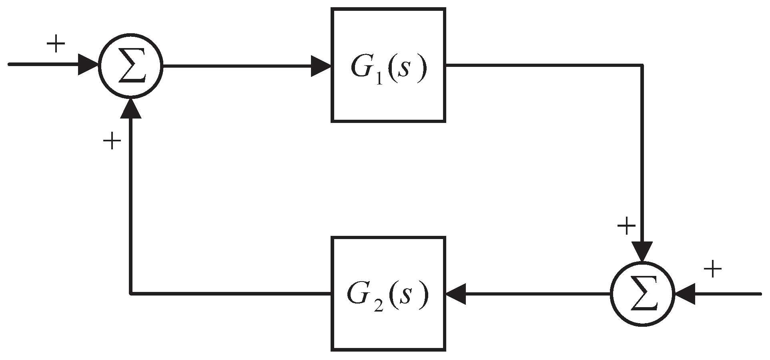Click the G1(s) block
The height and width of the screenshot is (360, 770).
[x=388, y=65]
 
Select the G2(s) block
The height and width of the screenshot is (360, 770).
[x=388, y=294]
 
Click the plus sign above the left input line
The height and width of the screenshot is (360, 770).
[x=56, y=44]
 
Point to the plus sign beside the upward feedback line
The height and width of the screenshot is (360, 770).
[x=112, y=142]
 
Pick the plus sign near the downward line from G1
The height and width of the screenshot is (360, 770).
[x=626, y=227]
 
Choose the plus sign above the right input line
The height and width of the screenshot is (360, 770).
[x=712, y=269]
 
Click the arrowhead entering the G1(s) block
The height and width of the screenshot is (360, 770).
[x=321, y=66]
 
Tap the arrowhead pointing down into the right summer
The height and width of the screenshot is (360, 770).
[x=643, y=251]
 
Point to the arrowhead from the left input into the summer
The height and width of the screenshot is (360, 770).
[x=88, y=65]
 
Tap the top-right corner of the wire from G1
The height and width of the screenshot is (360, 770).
[x=643, y=65]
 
